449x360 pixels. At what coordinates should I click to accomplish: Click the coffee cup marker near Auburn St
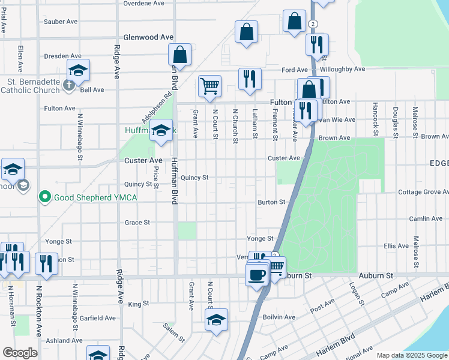click(256, 275)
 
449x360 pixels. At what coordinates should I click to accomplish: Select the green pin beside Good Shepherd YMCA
click(44, 197)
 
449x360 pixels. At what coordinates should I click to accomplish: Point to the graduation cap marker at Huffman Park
click(161, 131)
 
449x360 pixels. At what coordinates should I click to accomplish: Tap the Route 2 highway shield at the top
click(313, 23)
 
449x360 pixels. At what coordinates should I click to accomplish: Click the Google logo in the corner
click(20, 352)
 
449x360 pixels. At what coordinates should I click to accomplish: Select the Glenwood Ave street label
click(143, 37)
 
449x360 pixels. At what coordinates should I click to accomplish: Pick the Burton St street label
click(271, 202)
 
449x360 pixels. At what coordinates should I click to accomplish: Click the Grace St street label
click(137, 223)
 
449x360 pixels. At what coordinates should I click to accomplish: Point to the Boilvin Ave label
click(279, 317)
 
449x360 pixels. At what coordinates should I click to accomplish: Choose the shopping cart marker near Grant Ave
click(209, 86)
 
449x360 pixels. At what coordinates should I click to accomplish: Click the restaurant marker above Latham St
click(249, 79)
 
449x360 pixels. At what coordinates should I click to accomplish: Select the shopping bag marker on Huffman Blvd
click(179, 55)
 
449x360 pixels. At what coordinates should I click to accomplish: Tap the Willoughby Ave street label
click(342, 70)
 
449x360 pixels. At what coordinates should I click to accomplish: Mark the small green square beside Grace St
click(187, 230)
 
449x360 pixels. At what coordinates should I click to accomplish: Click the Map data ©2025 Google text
click(412, 355)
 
